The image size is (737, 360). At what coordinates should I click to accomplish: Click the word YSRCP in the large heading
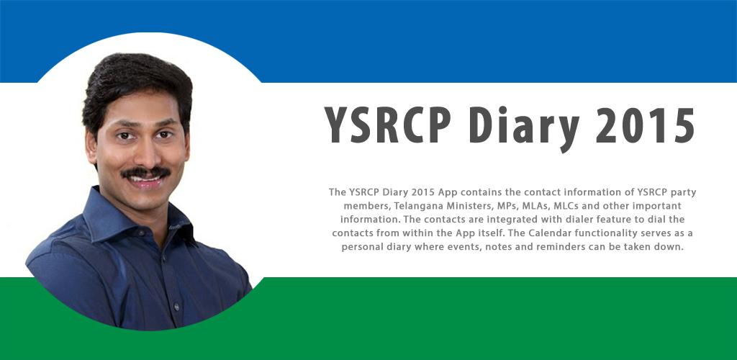coord(387,125)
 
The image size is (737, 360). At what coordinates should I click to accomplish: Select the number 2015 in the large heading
coord(645,125)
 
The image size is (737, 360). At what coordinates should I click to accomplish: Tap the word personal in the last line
coord(361,247)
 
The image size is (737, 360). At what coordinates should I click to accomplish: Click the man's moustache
coord(146,173)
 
